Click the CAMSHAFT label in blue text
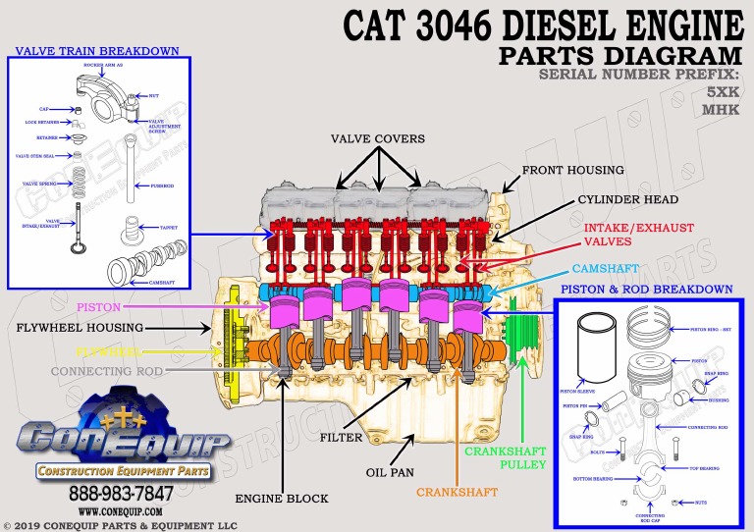pos(606,268)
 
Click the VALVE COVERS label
pos(378,139)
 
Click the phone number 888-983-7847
pos(121,493)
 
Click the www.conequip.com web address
pos(121,510)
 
